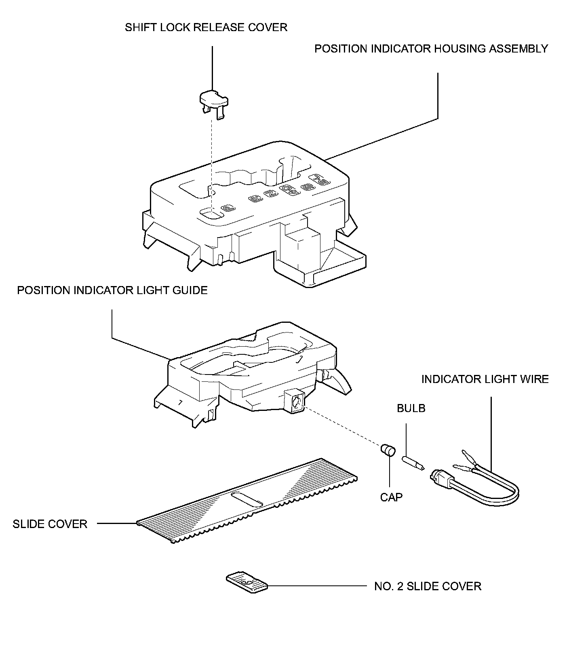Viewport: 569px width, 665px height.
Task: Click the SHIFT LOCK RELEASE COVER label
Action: (206, 27)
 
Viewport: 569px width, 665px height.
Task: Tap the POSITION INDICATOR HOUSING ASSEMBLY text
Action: (431, 49)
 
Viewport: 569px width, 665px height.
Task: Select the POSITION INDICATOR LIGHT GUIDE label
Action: (112, 290)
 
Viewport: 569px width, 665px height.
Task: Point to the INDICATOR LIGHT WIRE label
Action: (485, 379)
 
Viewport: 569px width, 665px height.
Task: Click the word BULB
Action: (411, 408)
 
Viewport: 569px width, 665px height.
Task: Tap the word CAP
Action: (391, 497)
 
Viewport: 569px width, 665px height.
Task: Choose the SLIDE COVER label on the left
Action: (50, 524)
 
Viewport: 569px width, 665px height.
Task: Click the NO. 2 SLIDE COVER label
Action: (428, 586)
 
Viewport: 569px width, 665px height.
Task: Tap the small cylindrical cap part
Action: (388, 450)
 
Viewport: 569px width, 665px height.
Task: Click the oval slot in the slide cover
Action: (247, 499)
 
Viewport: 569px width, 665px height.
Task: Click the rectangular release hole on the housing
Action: (212, 214)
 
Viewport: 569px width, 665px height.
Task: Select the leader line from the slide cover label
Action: (117, 524)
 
